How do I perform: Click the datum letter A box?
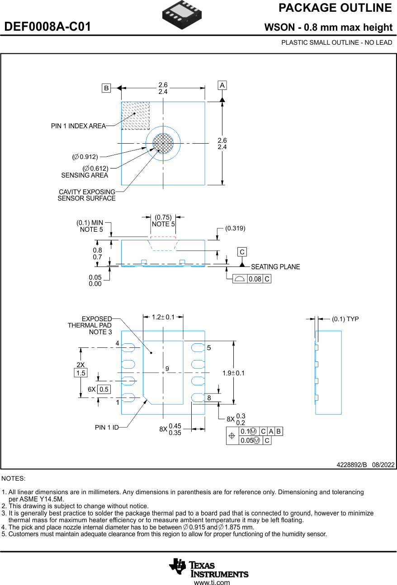222,85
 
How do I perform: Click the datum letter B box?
106,88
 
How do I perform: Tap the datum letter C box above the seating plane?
242,252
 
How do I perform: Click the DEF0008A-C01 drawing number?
47,27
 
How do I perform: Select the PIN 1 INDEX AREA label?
78,126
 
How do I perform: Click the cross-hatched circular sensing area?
163,143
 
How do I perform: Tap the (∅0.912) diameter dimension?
85,157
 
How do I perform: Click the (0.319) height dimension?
235,228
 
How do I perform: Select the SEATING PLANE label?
275,267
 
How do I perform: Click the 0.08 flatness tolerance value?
255,279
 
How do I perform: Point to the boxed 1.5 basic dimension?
80,373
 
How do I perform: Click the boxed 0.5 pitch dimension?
104,389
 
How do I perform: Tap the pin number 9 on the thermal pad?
167,369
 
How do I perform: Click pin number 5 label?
209,348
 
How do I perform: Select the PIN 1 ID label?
107,427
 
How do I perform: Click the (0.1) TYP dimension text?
345,319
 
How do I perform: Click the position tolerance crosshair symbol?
232,436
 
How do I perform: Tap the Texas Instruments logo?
209,568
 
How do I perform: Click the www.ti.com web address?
212,582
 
